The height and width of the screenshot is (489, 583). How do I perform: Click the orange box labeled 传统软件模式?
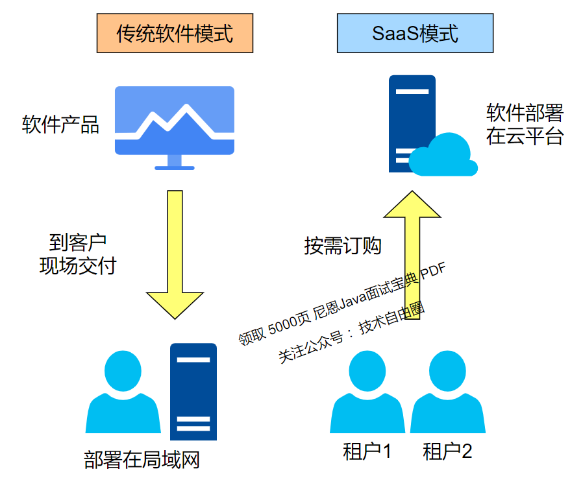tap(175, 33)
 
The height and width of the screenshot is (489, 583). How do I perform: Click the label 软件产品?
tap(60, 125)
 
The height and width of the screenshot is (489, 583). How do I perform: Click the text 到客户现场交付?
tap(77, 254)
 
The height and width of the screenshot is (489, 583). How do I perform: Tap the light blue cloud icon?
tap(445, 156)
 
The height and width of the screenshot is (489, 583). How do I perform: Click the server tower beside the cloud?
tap(412, 123)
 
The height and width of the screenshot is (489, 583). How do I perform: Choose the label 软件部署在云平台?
tap(525, 125)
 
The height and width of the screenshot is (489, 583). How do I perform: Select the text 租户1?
tap(367, 451)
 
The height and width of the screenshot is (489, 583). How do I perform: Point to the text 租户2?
tap(447, 451)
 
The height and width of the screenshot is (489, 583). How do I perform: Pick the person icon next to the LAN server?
tap(122, 392)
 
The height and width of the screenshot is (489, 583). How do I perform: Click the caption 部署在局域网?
tap(142, 460)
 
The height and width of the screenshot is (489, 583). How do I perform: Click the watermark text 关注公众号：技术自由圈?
tap(351, 333)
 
